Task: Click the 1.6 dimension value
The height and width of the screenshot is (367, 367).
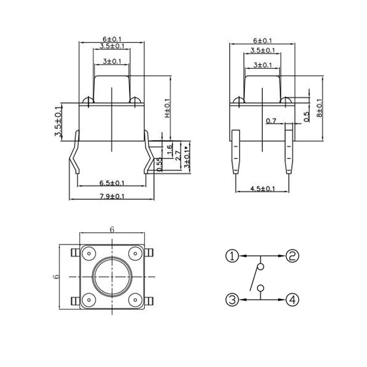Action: coord(169,149)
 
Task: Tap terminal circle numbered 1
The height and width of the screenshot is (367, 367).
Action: coord(232,256)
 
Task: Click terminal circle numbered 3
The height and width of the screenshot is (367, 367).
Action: coord(232,300)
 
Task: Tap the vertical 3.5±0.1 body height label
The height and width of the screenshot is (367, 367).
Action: coord(58,121)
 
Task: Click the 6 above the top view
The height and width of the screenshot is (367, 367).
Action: coord(111,229)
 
